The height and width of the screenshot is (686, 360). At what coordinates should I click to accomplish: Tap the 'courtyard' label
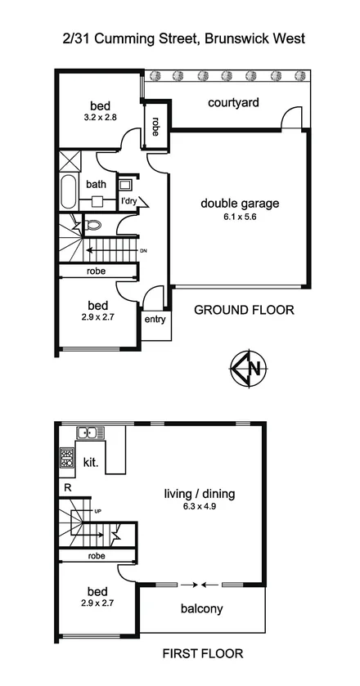[x=233, y=102]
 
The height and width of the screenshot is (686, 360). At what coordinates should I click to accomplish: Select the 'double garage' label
[x=240, y=204]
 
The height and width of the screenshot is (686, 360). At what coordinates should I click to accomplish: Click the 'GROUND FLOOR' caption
[x=243, y=311]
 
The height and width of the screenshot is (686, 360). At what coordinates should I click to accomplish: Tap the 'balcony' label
[x=201, y=609]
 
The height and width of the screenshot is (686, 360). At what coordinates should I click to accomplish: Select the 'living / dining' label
[x=200, y=493]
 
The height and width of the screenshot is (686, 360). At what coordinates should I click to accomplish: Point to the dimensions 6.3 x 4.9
[x=200, y=506]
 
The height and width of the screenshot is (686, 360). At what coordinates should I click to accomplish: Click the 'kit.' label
[x=91, y=463]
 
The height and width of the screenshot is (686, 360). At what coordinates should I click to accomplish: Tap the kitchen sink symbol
[x=87, y=433]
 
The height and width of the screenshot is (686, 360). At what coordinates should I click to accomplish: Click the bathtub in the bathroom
[x=68, y=194]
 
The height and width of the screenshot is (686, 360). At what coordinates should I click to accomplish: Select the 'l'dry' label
[x=128, y=201]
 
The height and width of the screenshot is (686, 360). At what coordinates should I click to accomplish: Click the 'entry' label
[x=154, y=319]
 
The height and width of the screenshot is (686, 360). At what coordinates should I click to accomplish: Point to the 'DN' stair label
[x=143, y=250]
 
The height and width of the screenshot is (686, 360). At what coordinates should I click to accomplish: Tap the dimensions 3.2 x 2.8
[x=101, y=118]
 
